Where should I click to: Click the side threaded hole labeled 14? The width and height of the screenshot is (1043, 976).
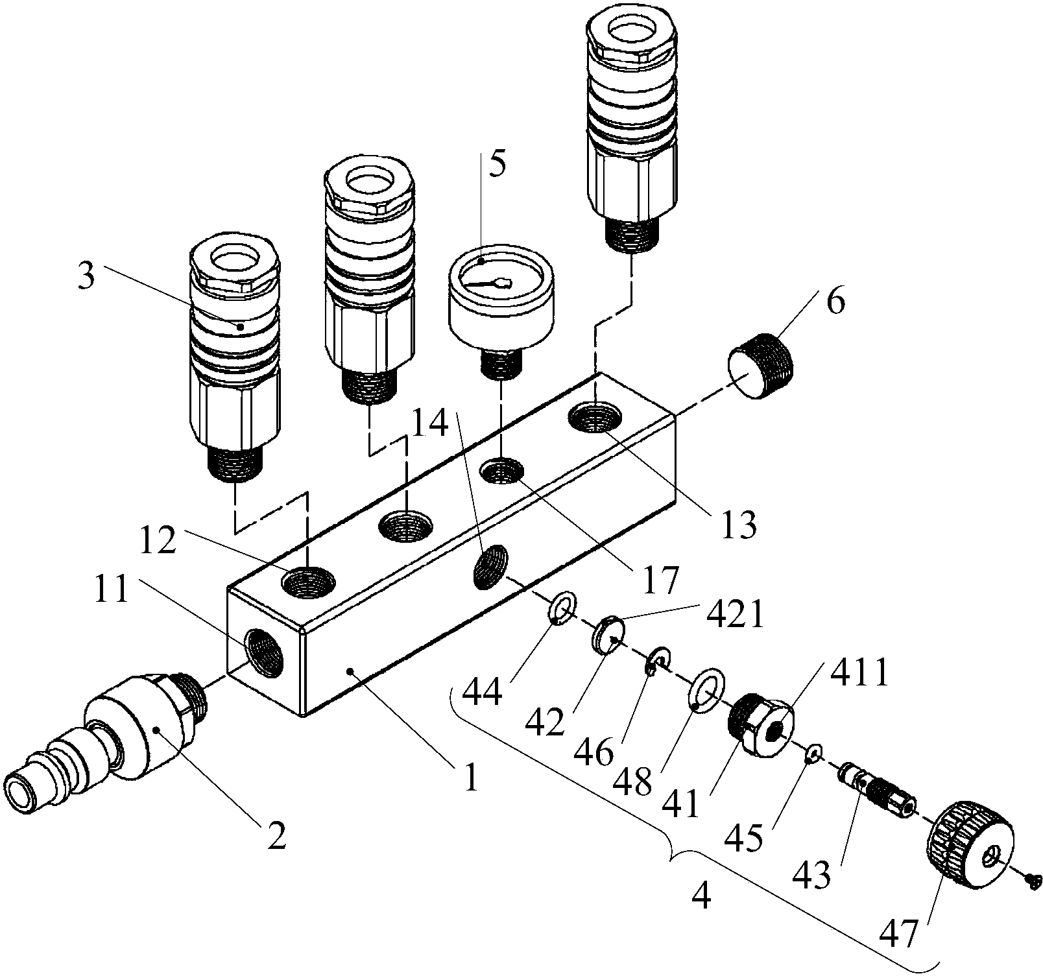tap(491, 565)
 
